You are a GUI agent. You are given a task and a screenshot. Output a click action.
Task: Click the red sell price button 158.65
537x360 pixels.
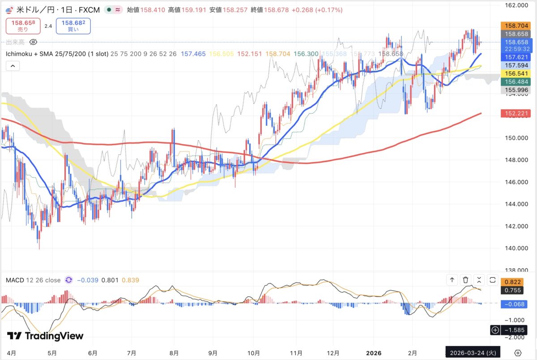(23, 26)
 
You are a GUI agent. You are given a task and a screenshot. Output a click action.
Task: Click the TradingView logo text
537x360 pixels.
(45, 336)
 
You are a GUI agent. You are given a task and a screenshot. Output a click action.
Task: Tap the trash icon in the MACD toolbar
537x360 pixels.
(466, 280)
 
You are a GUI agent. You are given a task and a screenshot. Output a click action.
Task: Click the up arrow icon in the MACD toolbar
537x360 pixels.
(452, 280)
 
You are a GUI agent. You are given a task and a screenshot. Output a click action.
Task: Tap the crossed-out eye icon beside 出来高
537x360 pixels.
(33, 42)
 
